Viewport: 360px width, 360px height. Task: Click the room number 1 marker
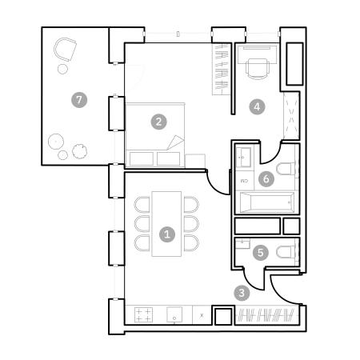[167, 234]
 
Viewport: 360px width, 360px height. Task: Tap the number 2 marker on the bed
[158, 122]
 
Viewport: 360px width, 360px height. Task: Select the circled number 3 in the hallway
[242, 293]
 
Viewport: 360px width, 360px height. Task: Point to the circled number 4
[257, 106]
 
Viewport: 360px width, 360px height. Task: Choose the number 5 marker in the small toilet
[261, 252]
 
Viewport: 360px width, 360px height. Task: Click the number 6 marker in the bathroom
[266, 178]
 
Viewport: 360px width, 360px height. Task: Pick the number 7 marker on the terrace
[79, 100]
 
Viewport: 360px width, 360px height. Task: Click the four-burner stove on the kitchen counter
[143, 314]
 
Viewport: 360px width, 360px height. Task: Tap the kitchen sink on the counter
[174, 314]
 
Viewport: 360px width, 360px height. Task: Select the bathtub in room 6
[267, 202]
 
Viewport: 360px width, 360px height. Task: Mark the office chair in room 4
[257, 69]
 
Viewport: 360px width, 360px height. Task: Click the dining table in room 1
[166, 224]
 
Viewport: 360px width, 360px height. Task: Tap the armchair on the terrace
[65, 50]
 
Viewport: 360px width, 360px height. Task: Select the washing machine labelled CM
[245, 181]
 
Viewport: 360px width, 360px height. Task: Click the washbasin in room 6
[243, 157]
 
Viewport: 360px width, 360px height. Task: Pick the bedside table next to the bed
[195, 161]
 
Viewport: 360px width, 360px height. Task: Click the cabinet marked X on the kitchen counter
[202, 315]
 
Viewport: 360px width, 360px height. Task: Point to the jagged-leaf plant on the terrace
[79, 151]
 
